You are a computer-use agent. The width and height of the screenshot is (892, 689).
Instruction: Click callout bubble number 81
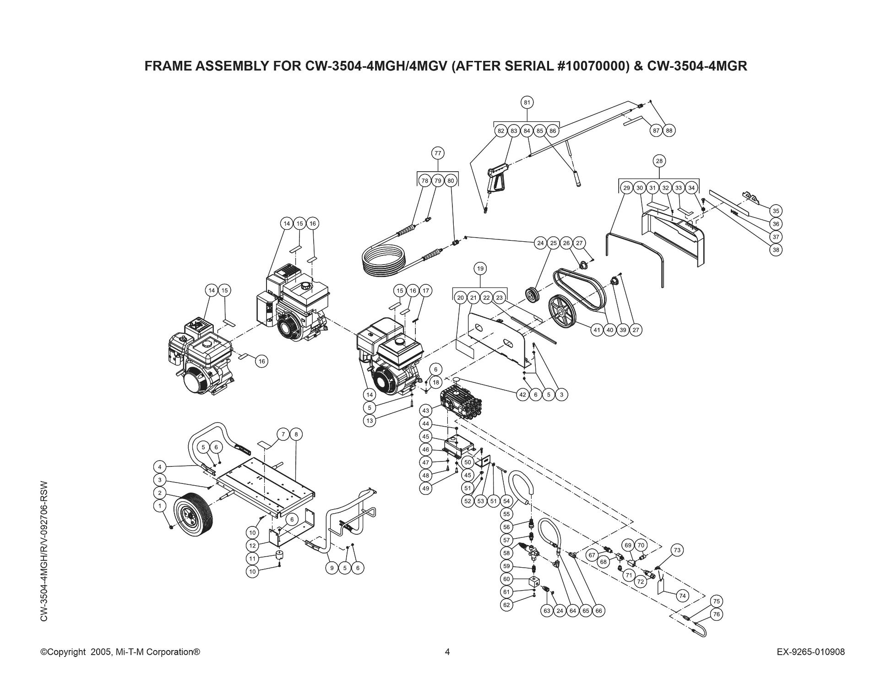coord(527,102)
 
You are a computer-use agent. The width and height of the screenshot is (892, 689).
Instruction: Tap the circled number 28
coord(659,161)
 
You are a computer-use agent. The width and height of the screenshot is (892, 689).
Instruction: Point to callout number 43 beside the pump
coord(425,411)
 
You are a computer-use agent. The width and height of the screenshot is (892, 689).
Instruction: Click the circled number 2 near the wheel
coord(160,493)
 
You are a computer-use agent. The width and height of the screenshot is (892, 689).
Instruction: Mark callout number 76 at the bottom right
coord(717,614)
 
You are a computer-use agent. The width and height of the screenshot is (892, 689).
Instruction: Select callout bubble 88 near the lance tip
coord(669,130)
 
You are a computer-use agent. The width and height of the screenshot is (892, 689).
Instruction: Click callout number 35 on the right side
coord(776,211)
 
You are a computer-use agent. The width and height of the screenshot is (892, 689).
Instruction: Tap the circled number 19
coord(480,268)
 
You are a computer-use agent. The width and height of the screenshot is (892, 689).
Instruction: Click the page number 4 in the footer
coord(447,652)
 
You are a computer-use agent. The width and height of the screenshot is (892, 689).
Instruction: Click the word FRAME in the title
coord(169,66)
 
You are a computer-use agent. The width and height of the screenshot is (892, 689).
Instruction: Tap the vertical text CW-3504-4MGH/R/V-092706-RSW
coord(44,551)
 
